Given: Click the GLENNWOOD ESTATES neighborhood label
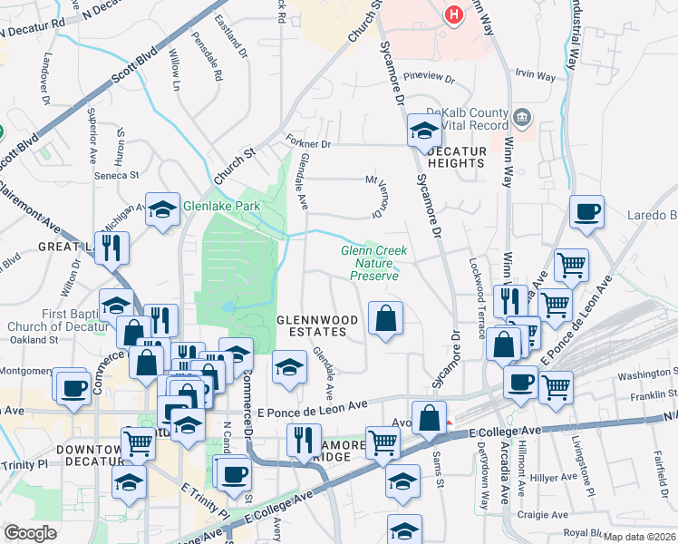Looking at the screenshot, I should pyautogui.click(x=311, y=326).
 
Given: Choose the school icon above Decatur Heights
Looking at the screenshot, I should pyautogui.click(x=423, y=131).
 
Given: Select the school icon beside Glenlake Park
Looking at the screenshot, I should pyautogui.click(x=161, y=210).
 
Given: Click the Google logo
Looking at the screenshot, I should pyautogui.click(x=30, y=532).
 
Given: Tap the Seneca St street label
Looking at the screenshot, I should pyautogui.click(x=119, y=175).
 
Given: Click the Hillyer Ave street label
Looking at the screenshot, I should pyautogui.click(x=557, y=477).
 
